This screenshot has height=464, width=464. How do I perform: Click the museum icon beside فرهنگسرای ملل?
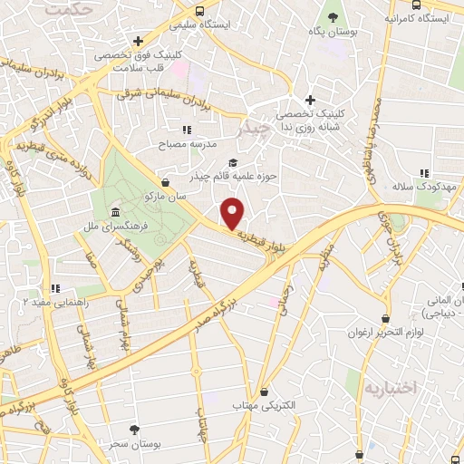115,212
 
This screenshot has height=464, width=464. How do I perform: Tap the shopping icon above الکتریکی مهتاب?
264,391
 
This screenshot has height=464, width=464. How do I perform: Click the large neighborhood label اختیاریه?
390,388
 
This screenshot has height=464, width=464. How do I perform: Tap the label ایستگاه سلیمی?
229,24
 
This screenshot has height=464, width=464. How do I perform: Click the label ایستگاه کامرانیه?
420,18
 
